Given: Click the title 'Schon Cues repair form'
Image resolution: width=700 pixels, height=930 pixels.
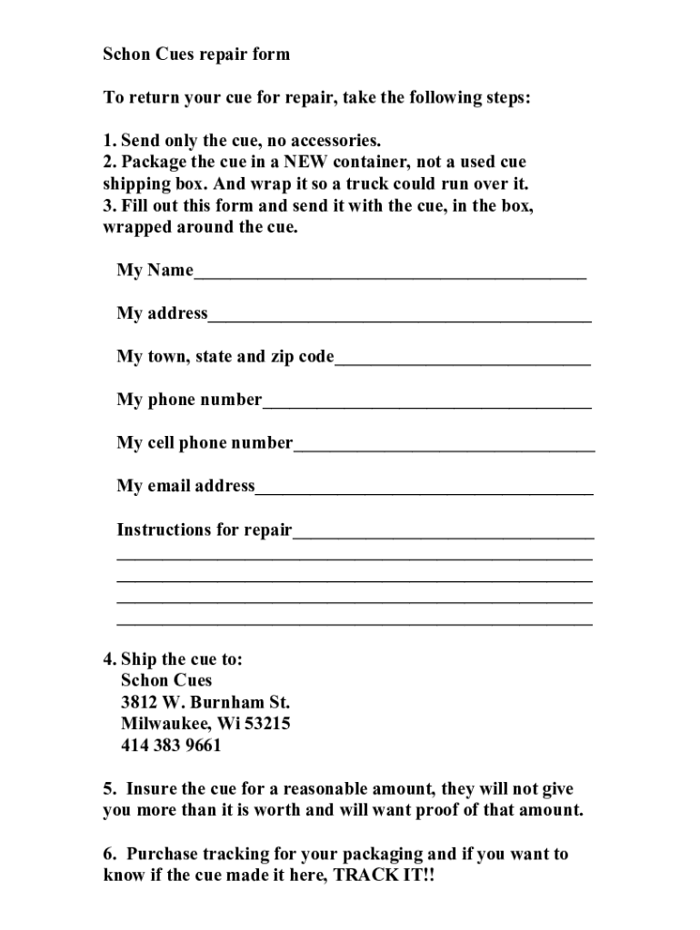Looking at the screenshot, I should pos(195,54).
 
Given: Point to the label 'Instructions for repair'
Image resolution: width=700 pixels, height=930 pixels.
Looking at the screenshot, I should pos(204,530).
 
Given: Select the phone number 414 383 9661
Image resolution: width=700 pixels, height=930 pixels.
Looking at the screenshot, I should pos(171,747).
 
